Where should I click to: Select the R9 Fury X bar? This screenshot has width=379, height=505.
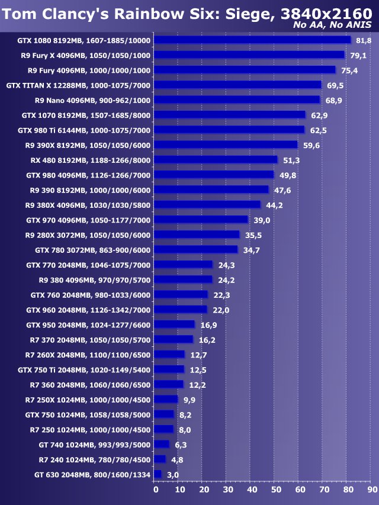click(249, 55)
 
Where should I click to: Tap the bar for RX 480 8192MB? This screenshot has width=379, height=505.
click(216, 160)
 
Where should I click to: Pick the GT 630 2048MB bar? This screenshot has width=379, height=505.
click(158, 474)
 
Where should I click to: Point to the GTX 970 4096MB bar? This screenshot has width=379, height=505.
click(201, 220)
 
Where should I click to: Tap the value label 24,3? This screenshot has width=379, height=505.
click(226, 265)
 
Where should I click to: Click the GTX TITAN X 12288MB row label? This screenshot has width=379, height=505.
click(78, 85)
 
